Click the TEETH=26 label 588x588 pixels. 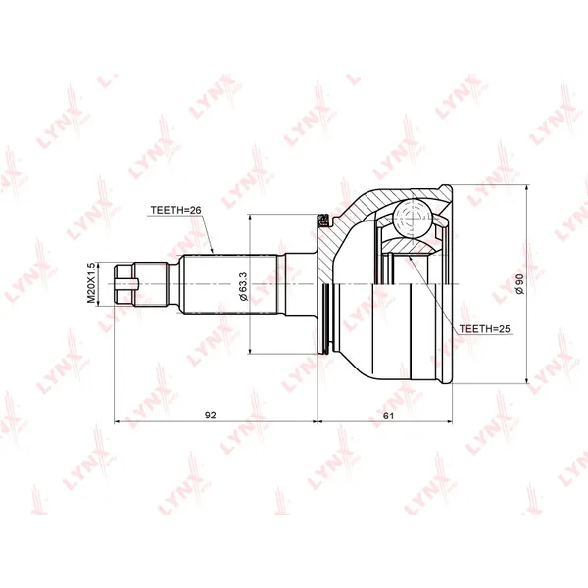(x=175, y=210)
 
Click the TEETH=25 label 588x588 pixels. (x=484, y=329)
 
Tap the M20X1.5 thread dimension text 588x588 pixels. (x=91, y=283)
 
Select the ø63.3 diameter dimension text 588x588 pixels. (x=243, y=286)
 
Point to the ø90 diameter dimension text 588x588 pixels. (x=519, y=284)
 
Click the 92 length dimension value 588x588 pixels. (x=211, y=416)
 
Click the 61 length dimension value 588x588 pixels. (x=389, y=416)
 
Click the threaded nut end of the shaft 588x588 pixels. (x=123, y=284)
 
